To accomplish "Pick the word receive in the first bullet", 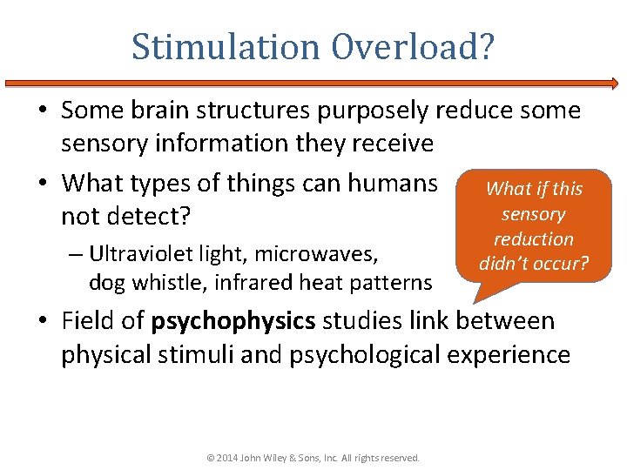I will pos(388,142).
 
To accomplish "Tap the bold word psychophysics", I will pos(233,321).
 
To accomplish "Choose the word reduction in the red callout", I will pos(533,239).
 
